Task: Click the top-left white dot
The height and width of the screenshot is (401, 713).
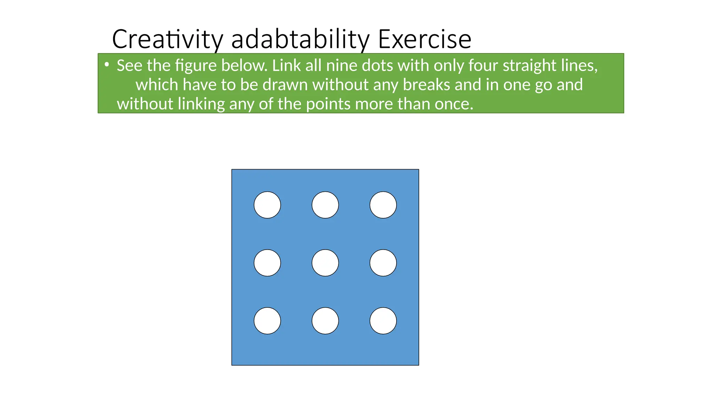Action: (x=267, y=205)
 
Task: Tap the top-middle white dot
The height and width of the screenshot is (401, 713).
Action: (x=325, y=205)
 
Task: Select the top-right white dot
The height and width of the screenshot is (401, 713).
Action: (x=383, y=205)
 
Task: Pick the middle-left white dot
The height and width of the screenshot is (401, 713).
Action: (x=267, y=263)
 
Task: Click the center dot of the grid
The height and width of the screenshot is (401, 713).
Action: (x=325, y=263)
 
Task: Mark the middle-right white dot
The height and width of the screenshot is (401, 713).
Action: (x=383, y=263)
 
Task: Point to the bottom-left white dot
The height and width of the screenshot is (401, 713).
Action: (x=267, y=321)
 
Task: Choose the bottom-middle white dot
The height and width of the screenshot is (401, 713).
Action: (x=325, y=321)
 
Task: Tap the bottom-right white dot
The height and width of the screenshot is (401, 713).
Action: (x=383, y=321)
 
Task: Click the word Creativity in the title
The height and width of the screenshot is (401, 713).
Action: (x=167, y=39)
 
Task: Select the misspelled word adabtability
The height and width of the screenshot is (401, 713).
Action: (x=300, y=39)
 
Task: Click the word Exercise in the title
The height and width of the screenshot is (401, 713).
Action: (x=424, y=39)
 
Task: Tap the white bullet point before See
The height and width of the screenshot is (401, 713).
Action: (x=107, y=64)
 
